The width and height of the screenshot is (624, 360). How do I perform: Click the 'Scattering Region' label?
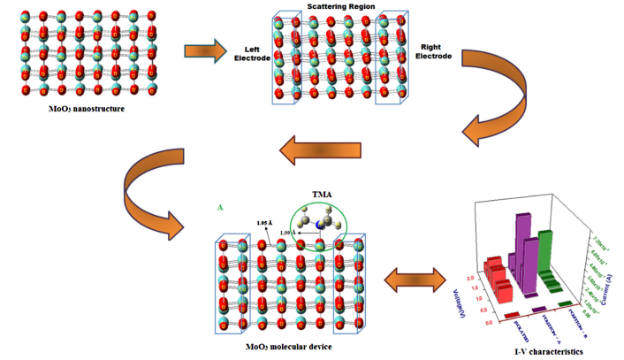pos(340,6)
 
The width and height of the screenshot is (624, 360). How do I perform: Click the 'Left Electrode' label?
pos(250,53)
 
